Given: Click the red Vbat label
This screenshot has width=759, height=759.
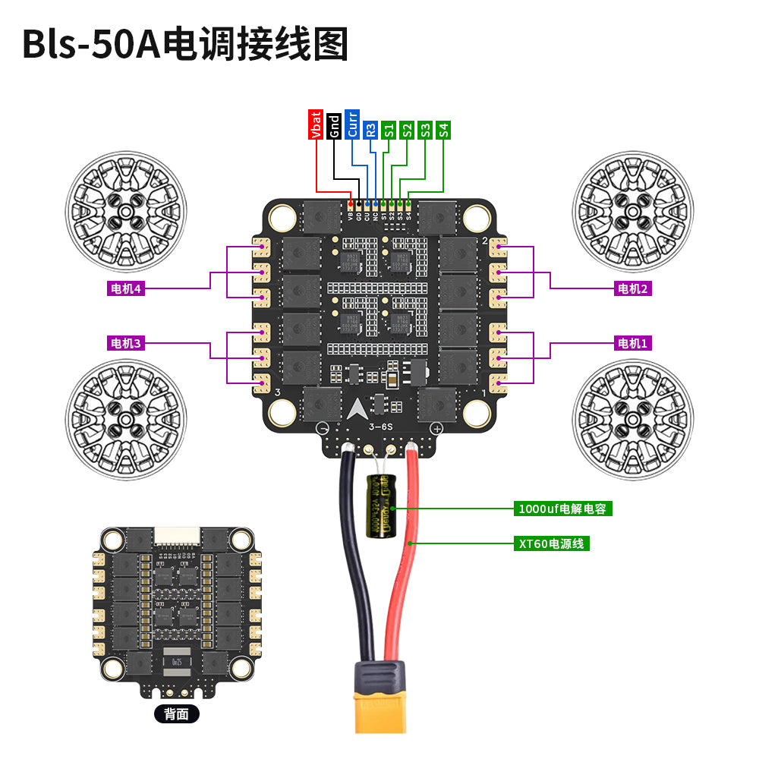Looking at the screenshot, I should point(316,124).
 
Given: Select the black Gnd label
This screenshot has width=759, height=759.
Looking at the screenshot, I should point(334,124).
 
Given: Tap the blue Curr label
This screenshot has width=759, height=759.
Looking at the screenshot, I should point(352,124).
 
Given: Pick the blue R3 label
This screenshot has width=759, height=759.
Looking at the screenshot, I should point(370,129).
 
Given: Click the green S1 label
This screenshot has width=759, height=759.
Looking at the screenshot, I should point(389,129).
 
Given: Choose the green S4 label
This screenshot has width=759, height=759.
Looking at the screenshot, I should point(443,129).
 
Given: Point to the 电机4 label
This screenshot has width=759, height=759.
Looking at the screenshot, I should point(126,288).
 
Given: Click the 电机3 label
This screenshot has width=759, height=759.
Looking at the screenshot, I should point(126,343).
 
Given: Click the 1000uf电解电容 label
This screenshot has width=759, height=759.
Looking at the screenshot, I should point(562,509).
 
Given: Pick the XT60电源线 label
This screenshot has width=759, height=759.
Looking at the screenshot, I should point(552,543).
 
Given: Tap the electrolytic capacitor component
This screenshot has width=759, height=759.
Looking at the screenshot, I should point(382,506).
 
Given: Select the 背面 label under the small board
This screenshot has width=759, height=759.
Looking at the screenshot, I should point(176,714).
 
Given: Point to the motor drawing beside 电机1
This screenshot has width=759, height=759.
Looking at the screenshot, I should point(633,420).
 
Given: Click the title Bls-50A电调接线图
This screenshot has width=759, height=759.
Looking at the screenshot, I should point(185,44).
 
